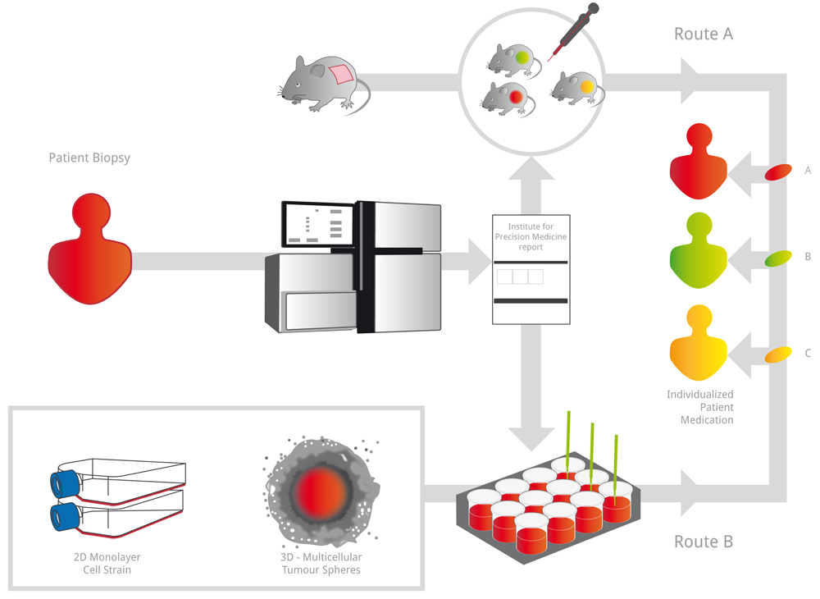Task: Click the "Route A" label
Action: pyautogui.click(x=703, y=34)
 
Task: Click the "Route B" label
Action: pyautogui.click(x=703, y=542)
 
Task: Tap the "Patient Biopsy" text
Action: pyautogui.click(x=89, y=158)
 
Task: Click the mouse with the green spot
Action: pyautogui.click(x=512, y=57)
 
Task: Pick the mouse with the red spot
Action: pyautogui.click(x=504, y=97)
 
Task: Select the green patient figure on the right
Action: pyautogui.click(x=698, y=249)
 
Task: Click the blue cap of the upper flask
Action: pyautogui.click(x=62, y=483)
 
